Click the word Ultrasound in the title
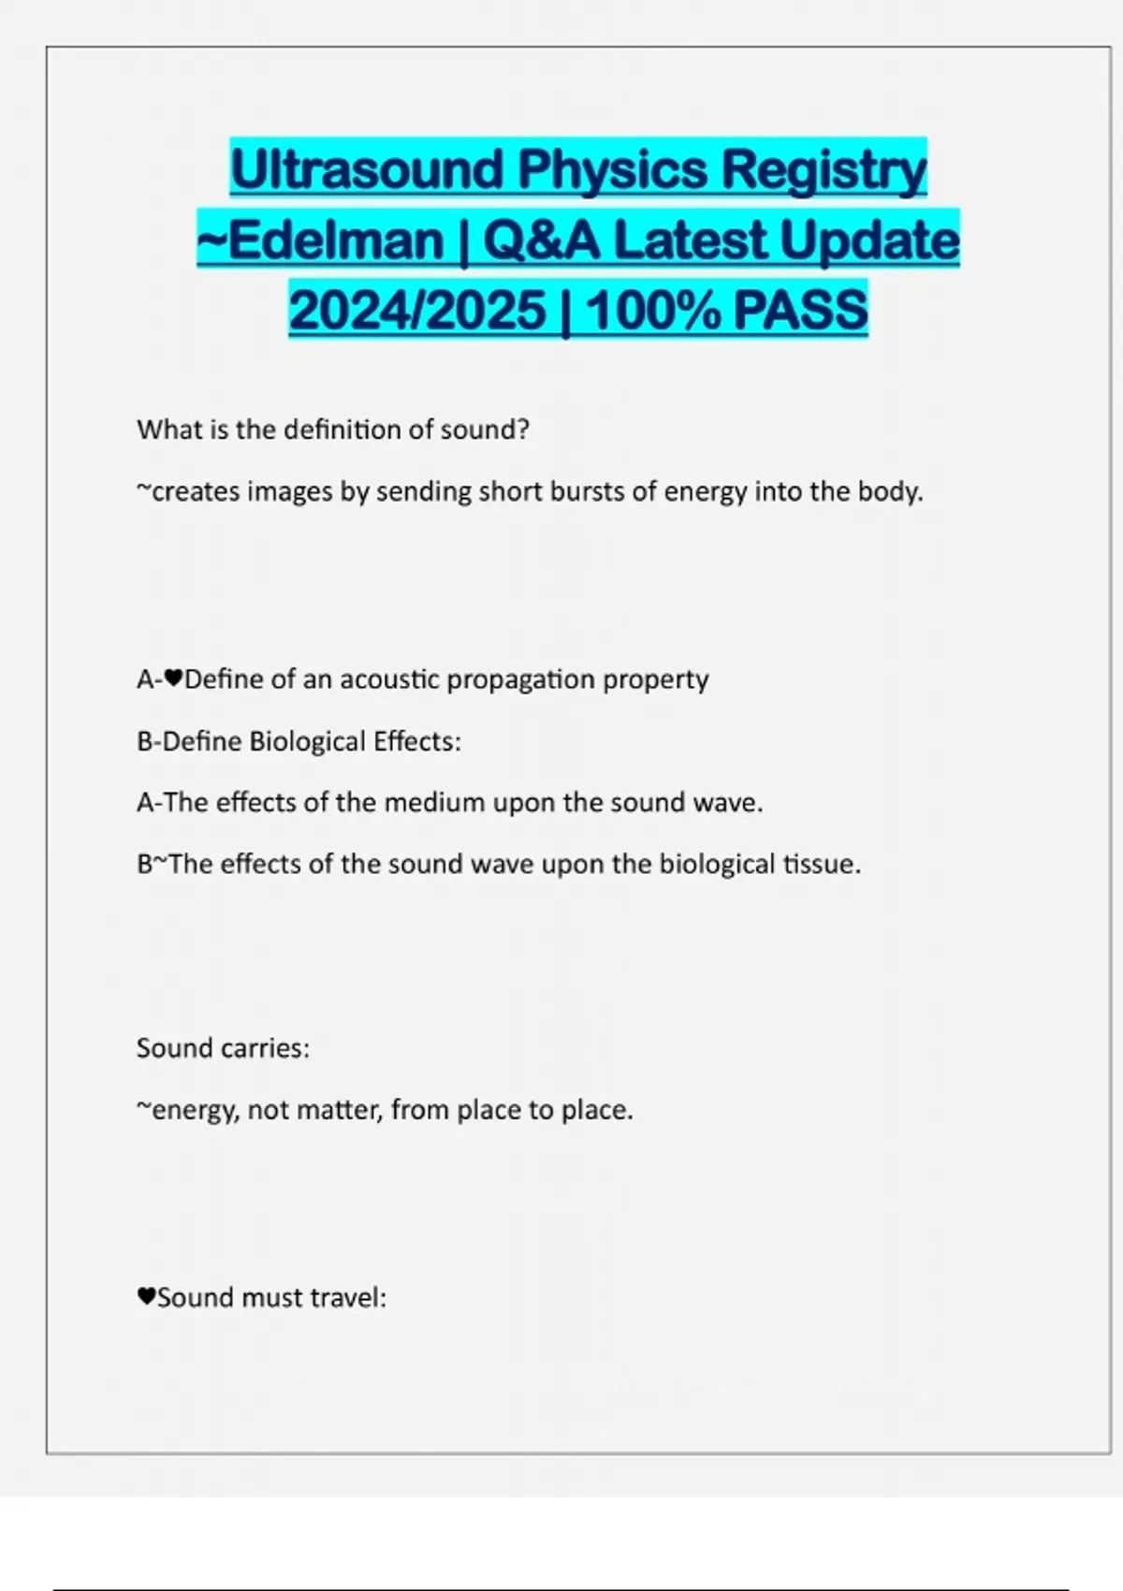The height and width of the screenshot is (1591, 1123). tap(368, 170)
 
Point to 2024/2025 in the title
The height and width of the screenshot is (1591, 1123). tap(417, 311)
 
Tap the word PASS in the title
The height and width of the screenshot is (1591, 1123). tap(801, 311)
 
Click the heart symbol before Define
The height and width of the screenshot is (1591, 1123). tap(174, 679)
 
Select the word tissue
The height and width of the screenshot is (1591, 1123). tap(822, 864)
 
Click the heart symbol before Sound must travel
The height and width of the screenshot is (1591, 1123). tap(146, 1297)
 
